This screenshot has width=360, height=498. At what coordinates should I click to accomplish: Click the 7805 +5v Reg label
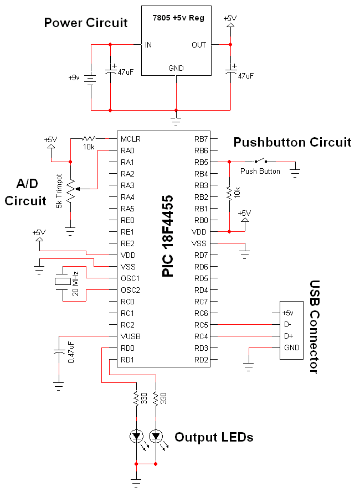[178, 18]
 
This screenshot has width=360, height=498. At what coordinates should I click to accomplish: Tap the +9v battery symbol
[91, 78]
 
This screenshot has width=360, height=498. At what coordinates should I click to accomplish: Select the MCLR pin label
[130, 139]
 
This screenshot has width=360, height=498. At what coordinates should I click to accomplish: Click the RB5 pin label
[201, 162]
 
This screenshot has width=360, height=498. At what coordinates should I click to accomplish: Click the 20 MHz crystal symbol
[63, 281]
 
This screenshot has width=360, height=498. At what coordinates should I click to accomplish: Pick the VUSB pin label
[130, 336]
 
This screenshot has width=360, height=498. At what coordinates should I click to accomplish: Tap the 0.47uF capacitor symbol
[59, 352]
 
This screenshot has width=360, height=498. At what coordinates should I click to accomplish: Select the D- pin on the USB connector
[287, 325]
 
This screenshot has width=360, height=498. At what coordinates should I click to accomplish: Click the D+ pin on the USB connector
[289, 336]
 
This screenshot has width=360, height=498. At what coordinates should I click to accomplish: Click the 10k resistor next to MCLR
[89, 138]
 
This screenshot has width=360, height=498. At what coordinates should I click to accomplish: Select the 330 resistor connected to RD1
[156, 398]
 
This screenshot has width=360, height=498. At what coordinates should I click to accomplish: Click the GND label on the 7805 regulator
[176, 68]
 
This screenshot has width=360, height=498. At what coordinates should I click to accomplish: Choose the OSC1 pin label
[130, 278]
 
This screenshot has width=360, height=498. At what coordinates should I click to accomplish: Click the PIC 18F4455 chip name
[168, 236]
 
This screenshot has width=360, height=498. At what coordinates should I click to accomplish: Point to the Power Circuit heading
[86, 23]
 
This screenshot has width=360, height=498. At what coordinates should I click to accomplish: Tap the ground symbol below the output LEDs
[136, 483]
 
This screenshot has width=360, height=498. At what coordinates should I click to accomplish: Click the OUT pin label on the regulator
[199, 45]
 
